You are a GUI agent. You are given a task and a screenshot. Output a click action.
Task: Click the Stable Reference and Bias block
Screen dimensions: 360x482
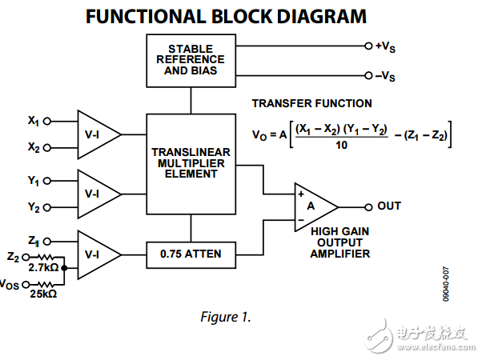[x=191, y=60]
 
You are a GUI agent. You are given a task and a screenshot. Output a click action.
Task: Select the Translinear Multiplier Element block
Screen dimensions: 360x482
[x=191, y=162]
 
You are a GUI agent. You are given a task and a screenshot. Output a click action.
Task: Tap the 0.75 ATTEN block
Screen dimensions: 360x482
[x=191, y=254]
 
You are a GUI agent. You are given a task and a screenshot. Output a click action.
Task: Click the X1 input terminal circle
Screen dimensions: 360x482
[x=47, y=122]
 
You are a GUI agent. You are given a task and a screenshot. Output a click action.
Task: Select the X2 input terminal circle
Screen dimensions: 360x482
[x=47, y=147]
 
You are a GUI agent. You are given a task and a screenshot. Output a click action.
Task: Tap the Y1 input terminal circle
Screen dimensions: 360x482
[x=47, y=182]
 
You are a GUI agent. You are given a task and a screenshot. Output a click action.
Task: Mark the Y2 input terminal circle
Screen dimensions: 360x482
[x=47, y=208]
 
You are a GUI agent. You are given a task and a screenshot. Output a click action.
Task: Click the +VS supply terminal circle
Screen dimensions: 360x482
[x=368, y=46]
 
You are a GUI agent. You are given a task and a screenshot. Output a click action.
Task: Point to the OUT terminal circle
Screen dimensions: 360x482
[x=368, y=206]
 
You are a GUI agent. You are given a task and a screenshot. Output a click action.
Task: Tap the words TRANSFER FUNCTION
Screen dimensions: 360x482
[x=311, y=104]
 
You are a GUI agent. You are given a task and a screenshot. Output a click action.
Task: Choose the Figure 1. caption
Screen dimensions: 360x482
[x=226, y=317]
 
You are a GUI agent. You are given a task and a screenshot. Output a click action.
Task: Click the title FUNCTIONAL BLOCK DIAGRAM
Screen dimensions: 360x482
[x=227, y=16]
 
